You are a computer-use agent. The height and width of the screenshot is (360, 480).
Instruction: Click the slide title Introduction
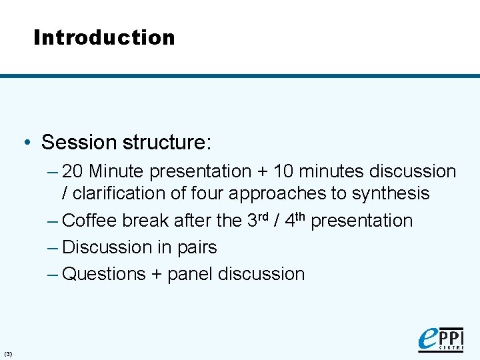(104, 37)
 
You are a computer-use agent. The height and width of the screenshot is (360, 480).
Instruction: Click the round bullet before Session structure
(26, 142)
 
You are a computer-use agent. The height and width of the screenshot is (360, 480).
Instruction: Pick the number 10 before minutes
(283, 171)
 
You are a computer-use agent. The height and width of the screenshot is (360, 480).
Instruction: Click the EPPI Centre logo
(440, 338)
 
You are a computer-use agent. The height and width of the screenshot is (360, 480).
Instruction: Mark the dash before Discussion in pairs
(53, 247)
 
